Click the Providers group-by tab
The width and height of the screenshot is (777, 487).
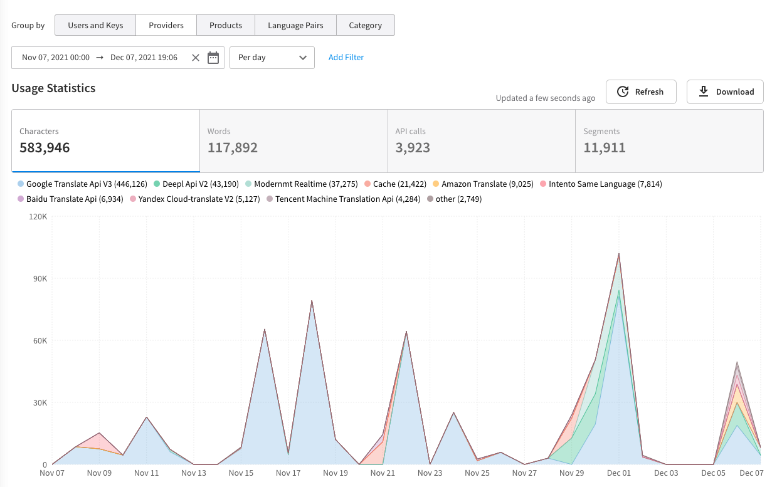tap(166, 25)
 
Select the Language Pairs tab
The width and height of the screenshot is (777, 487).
tap(295, 25)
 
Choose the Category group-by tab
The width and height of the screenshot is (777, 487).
tap(365, 25)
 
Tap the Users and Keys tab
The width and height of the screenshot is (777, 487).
tap(95, 25)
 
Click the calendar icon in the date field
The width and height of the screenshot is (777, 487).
tap(213, 58)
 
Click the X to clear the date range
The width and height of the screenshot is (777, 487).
tap(196, 58)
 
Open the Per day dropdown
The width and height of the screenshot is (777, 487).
tap(272, 58)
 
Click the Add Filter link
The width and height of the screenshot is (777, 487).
tap(346, 57)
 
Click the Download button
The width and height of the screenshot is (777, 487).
tap(725, 92)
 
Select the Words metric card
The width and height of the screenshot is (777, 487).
tap(293, 141)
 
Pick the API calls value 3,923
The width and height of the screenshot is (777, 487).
tap(413, 148)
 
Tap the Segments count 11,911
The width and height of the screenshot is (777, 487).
tap(605, 148)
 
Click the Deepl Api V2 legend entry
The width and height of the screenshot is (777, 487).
tap(196, 184)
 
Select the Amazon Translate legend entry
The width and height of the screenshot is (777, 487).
tap(484, 184)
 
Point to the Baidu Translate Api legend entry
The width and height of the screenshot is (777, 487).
tap(70, 199)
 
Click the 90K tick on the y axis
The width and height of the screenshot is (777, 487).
tap(40, 279)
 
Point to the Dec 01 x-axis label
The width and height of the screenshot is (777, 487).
tap(618, 473)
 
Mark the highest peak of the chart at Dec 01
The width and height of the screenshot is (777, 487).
tap(619, 254)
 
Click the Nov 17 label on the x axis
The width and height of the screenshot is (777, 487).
tap(288, 473)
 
